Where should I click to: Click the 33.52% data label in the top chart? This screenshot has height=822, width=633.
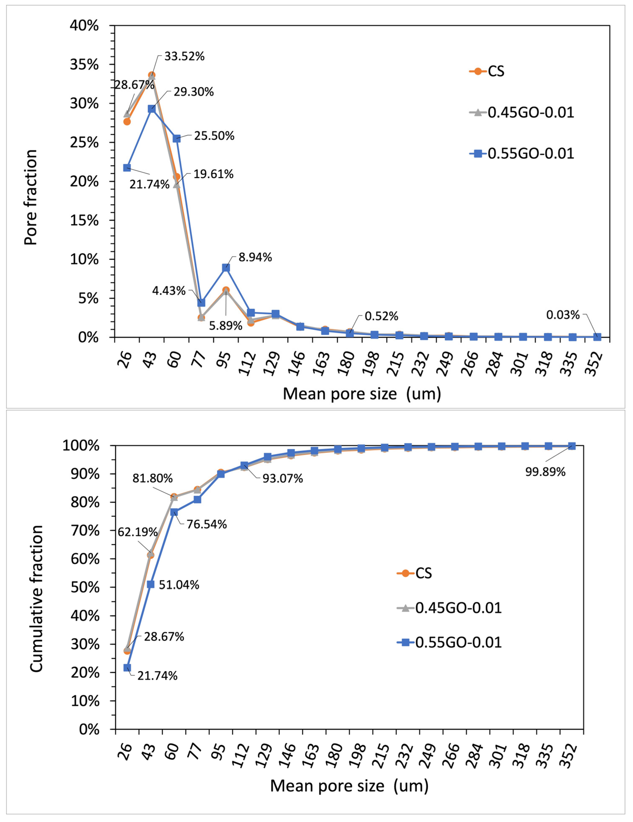pyautogui.click(x=184, y=56)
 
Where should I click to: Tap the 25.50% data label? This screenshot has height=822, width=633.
pyautogui.click(x=214, y=136)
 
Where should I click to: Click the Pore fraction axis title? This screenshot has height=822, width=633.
pyautogui.click(x=31, y=198)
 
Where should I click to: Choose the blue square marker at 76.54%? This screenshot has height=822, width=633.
pyautogui.click(x=174, y=512)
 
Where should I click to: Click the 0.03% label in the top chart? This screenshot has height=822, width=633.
pyautogui.click(x=563, y=315)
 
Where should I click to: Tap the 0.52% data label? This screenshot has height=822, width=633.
pyautogui.click(x=381, y=316)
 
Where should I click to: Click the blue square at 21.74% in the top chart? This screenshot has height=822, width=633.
pyautogui.click(x=127, y=168)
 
